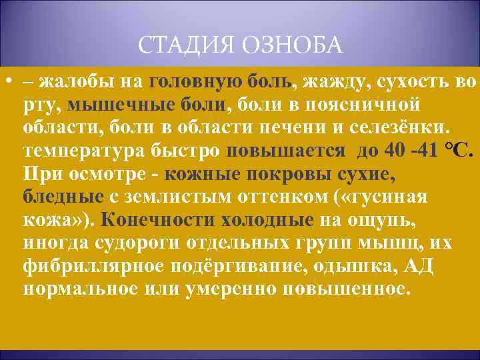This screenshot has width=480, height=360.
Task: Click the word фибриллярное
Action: click(96, 267)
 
